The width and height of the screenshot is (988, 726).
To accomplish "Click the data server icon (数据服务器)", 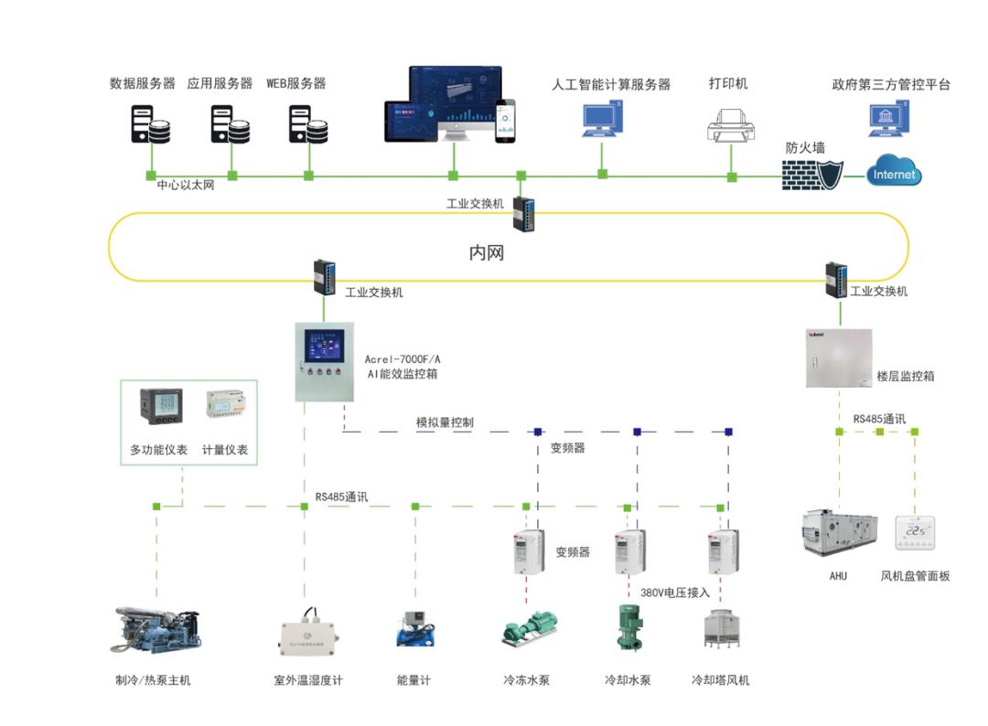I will point(149,123).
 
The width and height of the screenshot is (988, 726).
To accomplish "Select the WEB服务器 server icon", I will point(308,123).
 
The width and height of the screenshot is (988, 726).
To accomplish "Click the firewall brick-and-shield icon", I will point(811,174).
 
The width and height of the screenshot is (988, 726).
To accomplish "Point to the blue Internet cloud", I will point(894,173).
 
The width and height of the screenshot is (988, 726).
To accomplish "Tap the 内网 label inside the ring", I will point(486,252).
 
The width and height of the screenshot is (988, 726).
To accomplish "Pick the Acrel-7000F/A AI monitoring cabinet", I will point(324,361).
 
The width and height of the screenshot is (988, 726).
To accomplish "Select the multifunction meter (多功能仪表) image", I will point(160,407).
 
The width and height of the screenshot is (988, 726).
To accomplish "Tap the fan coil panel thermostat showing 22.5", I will point(915,531).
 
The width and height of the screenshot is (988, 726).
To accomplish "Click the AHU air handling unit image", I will point(839,533).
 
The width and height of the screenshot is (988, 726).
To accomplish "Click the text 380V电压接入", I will point(675,593).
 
